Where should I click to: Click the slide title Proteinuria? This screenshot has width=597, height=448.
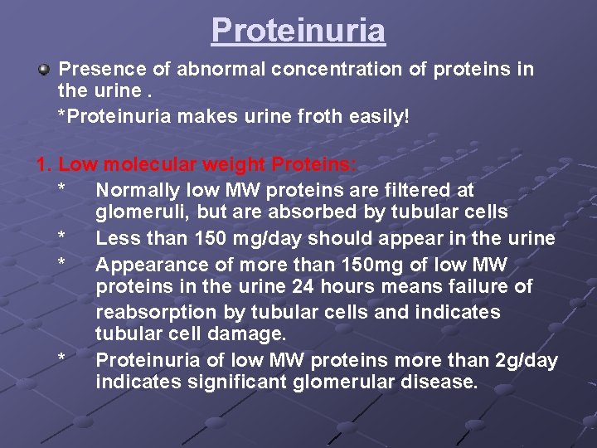(298, 30)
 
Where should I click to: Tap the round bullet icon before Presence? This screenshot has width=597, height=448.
(47, 69)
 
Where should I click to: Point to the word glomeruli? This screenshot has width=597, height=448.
(138, 213)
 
